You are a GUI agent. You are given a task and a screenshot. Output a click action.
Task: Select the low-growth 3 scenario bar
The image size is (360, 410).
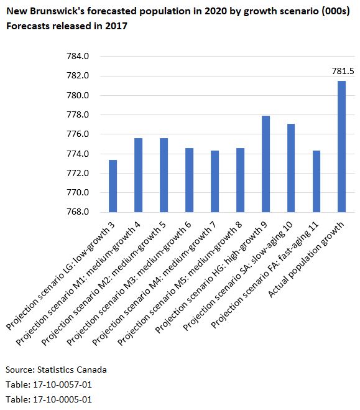113,186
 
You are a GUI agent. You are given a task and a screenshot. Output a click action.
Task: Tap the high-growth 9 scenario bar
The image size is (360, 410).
265,164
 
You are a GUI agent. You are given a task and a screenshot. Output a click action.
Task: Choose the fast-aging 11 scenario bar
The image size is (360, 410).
316,181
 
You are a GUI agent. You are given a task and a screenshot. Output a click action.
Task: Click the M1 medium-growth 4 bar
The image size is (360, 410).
138,175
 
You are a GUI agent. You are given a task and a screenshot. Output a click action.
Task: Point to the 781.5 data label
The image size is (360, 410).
341,72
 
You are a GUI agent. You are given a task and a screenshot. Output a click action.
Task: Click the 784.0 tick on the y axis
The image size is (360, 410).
78,57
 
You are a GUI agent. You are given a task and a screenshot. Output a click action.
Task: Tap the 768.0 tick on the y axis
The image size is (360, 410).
78,212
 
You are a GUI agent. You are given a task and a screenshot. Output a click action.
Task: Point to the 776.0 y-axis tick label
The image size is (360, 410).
78,134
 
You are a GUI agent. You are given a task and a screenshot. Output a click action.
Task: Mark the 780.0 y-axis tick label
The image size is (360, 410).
78,95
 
